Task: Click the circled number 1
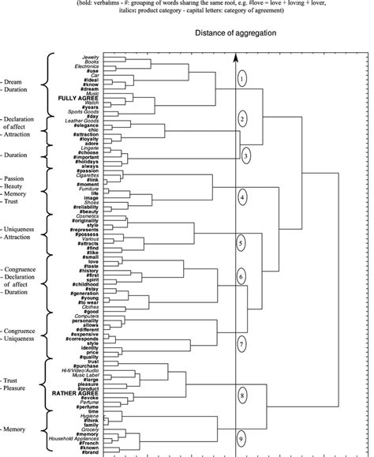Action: [243, 77]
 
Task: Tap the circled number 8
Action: [243, 393]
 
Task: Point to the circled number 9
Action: [243, 438]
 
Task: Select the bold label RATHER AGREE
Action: [77, 392]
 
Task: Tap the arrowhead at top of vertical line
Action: [235, 57]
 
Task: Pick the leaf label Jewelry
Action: [91, 58]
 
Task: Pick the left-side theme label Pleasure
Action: [20, 388]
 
